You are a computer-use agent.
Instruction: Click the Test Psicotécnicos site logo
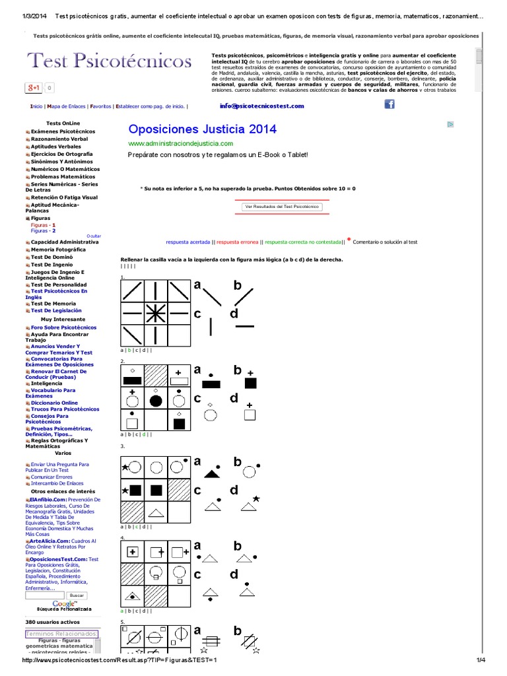[x=109, y=61]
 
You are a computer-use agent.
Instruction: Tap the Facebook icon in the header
[x=389, y=104]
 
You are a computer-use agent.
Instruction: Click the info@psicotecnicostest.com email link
[x=262, y=106]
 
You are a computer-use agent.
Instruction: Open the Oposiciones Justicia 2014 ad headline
[x=202, y=129]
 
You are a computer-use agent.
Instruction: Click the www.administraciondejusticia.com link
[x=180, y=143]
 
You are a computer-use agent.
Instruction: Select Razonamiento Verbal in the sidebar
[x=59, y=139]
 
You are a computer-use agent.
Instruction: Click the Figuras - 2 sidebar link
[x=43, y=231]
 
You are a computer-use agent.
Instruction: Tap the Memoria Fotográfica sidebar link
[x=58, y=250]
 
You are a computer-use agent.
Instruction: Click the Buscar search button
[x=77, y=595]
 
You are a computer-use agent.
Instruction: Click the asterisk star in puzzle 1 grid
[x=155, y=315]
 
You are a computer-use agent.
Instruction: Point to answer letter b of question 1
[x=238, y=285]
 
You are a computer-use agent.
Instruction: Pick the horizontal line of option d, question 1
[x=244, y=326]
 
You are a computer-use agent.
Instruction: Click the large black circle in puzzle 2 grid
[x=156, y=400]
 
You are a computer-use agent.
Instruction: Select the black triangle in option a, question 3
[x=211, y=472]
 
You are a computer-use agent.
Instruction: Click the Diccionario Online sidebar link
[x=54, y=402]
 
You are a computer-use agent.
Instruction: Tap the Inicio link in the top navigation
[x=36, y=106]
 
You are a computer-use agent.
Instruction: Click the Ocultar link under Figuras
[x=94, y=236]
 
